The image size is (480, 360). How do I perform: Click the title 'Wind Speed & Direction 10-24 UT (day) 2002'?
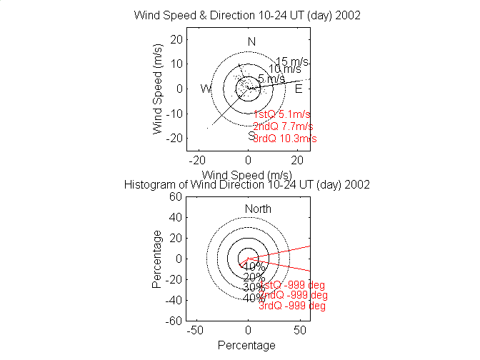(247, 16)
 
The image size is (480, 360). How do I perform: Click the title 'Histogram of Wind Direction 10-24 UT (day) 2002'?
(247, 184)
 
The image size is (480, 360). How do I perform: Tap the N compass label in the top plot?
(251, 41)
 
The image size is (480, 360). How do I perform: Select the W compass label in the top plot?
(206, 89)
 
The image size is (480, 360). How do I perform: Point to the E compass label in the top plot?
(299, 89)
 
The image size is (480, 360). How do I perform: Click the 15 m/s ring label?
(292, 61)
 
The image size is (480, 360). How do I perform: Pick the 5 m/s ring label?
(271, 79)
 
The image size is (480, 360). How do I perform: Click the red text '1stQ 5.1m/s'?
(284, 114)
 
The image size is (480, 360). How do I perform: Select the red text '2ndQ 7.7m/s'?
(284, 126)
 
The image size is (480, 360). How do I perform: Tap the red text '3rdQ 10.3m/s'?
(285, 139)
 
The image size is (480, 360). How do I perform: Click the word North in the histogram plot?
(258, 209)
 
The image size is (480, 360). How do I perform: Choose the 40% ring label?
(254, 299)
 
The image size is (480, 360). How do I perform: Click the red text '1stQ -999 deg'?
(292, 285)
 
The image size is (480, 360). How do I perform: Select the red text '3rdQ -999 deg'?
(292, 306)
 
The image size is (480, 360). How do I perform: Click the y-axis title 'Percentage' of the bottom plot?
(157, 259)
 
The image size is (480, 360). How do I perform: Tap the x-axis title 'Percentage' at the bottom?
(246, 346)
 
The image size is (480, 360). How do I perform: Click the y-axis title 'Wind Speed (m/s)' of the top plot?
(157, 89)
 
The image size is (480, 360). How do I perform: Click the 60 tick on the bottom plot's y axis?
(174, 197)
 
